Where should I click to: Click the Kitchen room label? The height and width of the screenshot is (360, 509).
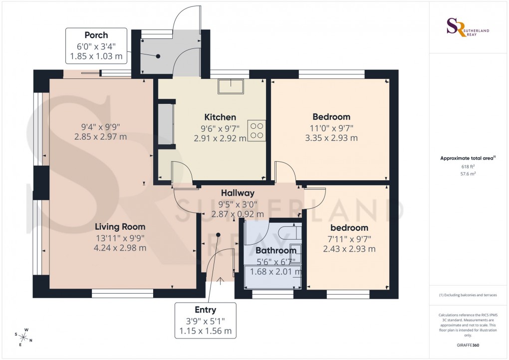(220, 117)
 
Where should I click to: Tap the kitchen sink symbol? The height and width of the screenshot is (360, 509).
(231, 86)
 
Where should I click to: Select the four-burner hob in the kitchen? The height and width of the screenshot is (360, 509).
(256, 130)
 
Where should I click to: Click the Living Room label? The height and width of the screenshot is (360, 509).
(121, 226)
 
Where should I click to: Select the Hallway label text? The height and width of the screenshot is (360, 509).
(238, 193)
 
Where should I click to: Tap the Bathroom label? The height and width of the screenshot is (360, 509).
(272, 250)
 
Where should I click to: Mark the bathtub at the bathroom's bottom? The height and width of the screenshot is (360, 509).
(272, 278)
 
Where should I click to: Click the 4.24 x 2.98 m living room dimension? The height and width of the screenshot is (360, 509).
(121, 248)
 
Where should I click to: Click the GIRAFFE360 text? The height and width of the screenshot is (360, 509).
(468, 345)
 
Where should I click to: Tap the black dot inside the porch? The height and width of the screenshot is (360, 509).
(158, 56)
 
